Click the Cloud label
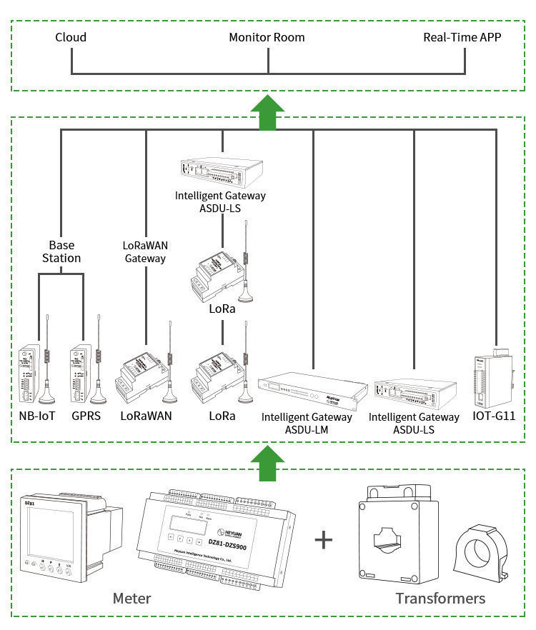point(71,37)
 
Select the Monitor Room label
point(267,37)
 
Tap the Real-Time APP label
point(462,37)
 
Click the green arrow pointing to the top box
point(267,113)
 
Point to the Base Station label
point(61,251)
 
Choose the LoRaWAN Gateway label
point(145,251)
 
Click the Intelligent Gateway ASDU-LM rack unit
point(312,390)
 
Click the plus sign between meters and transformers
point(324,539)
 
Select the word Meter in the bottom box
point(131,598)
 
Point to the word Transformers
point(440,598)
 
